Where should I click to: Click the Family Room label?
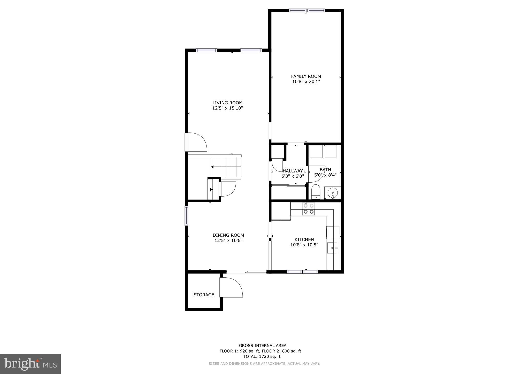(306, 76)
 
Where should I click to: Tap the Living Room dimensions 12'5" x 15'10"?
(227, 108)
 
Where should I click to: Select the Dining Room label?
(228, 235)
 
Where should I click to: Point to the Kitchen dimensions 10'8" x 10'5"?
(304, 245)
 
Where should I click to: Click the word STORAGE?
(204, 295)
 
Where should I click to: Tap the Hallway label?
(293, 171)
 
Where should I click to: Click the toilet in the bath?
(316, 192)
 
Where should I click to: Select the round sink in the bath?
(332, 193)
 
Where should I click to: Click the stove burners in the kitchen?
(309, 209)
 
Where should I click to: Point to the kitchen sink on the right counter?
(332, 248)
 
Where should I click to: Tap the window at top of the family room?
(306, 11)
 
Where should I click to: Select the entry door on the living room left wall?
(196, 142)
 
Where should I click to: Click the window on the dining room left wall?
(186, 215)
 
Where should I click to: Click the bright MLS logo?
(30, 364)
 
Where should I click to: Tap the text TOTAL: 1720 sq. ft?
(262, 356)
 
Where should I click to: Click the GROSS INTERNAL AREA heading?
(262, 345)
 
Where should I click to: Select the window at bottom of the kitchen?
(302, 272)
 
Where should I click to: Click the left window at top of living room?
(206, 50)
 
